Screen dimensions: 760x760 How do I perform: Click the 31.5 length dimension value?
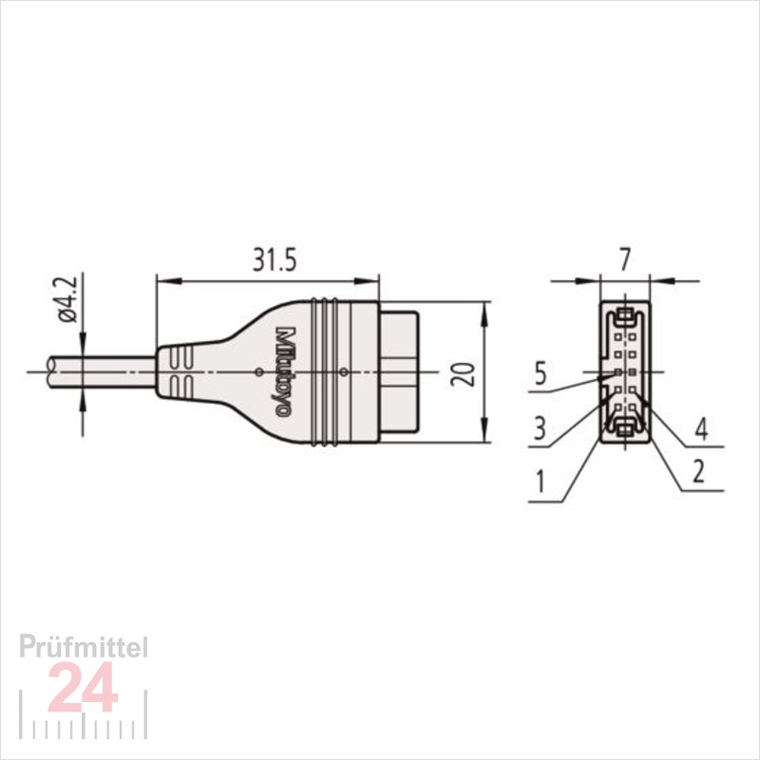275,260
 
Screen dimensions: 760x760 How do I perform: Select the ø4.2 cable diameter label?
67,299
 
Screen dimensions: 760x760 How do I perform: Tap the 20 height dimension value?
463,373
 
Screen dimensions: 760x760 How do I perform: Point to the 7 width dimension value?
625,259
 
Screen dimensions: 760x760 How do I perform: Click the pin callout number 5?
541,374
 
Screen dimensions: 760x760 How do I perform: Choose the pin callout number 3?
540,428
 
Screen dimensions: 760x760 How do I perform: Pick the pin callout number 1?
540,482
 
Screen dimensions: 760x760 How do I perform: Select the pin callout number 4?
701,429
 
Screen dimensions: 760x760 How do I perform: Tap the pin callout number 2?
698,471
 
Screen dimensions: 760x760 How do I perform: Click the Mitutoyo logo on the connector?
284,371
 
